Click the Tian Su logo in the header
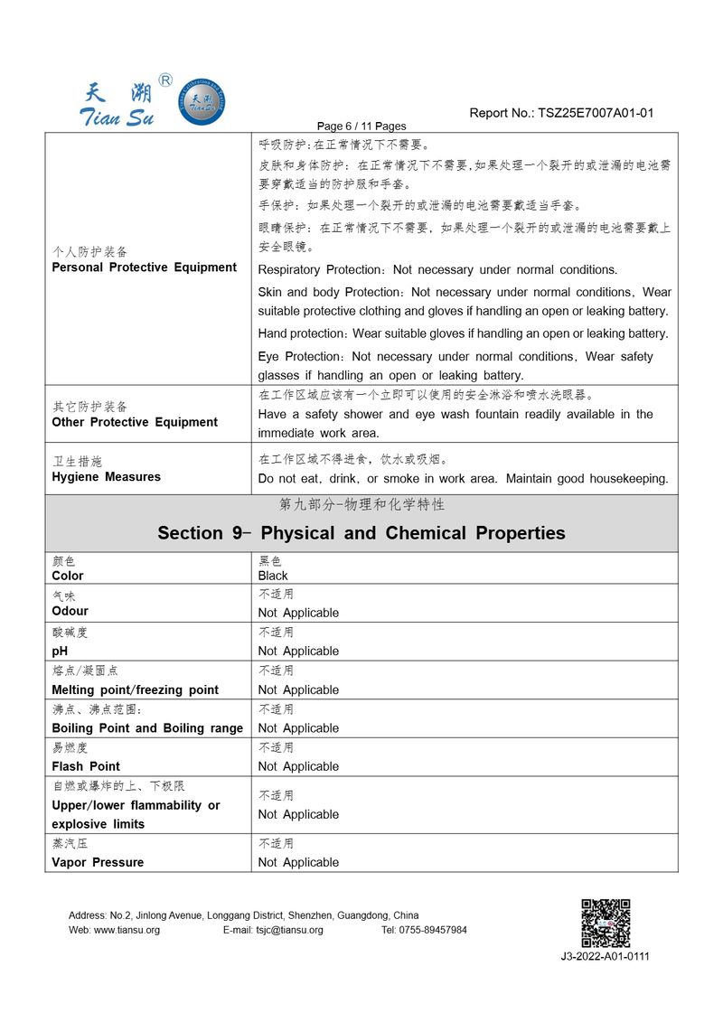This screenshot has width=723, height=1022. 153,100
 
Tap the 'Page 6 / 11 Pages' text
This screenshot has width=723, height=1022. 362,127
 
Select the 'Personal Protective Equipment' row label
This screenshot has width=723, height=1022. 144,267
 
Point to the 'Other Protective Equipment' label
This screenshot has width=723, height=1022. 135,422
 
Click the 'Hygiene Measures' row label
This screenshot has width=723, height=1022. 106,477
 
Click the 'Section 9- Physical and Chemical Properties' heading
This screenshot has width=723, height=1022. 361,533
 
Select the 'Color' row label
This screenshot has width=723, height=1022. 68,576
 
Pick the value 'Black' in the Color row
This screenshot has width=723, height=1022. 273,576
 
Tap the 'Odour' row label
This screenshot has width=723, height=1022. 70,611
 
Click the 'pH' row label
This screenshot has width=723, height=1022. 60,651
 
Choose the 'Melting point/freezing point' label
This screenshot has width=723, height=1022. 135,689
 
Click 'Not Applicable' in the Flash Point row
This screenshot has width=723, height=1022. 298,766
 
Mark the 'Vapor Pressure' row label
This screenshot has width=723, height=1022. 98,862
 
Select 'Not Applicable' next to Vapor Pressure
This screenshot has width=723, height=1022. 298,862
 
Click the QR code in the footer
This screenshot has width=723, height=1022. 605,923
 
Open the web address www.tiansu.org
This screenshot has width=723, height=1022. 114,930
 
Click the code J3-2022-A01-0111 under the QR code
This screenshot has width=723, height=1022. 605,957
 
